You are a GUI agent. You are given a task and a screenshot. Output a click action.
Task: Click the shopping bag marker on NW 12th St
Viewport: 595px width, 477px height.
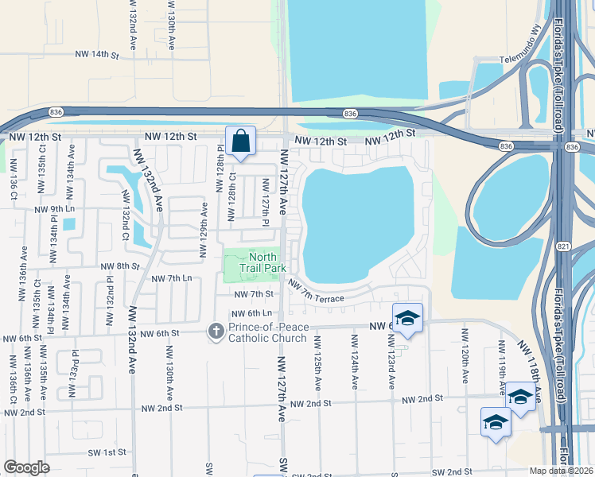(x=240, y=142)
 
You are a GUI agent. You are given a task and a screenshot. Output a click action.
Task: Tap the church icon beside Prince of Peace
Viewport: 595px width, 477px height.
(x=216, y=332)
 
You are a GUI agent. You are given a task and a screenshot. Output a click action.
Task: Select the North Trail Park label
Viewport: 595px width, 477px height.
(x=262, y=262)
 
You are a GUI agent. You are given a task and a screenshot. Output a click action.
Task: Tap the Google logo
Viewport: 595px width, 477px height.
(x=26, y=467)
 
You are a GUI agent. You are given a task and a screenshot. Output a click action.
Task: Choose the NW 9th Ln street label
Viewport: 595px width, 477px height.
(x=54, y=209)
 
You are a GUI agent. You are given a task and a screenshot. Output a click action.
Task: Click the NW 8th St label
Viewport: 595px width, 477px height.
(x=119, y=266)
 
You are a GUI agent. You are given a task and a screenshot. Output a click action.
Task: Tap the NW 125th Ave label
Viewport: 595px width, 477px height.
(x=317, y=362)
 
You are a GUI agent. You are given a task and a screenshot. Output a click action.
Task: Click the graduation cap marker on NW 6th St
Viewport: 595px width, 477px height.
(x=407, y=319)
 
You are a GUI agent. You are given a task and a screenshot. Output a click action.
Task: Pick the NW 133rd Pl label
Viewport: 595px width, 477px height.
(x=76, y=366)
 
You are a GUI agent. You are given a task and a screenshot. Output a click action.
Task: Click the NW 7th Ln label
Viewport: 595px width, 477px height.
(x=171, y=279)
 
